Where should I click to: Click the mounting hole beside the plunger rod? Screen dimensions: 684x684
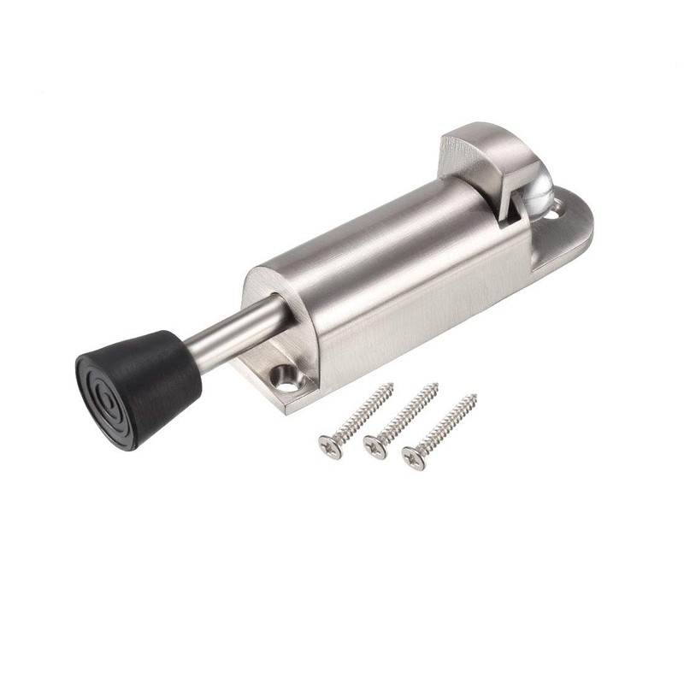(280, 374)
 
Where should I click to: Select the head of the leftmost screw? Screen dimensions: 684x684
(329, 445)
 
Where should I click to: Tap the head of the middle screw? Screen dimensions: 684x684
(374, 446)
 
